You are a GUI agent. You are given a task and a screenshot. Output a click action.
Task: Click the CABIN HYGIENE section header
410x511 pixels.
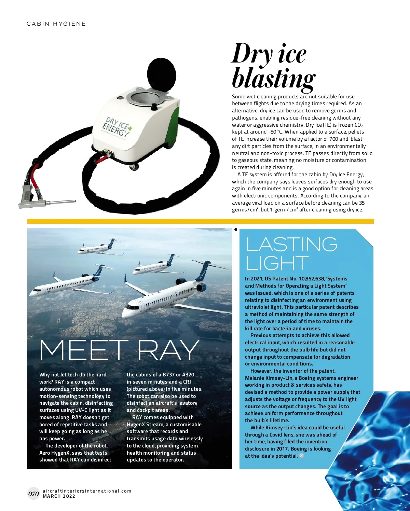pyautogui.click(x=56, y=24)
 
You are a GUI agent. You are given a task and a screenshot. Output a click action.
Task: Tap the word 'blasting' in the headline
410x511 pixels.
pyautogui.click(x=273, y=78)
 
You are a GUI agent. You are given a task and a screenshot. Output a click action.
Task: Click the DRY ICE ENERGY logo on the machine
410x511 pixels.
pyautogui.click(x=116, y=127)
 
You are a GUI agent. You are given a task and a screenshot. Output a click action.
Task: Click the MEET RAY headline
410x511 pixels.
pyautogui.click(x=119, y=350)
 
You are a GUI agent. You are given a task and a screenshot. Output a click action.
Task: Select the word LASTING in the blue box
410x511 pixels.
pyautogui.click(x=291, y=244)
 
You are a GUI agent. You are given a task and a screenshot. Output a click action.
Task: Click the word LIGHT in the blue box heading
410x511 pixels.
pyautogui.click(x=277, y=263)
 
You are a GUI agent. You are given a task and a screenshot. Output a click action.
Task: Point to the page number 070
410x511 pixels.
pyautogui.click(x=33, y=494)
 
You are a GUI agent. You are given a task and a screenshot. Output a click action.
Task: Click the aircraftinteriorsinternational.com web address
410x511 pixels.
pyautogui.click(x=87, y=491)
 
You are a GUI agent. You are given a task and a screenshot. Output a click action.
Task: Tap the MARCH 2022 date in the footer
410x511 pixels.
pyautogui.click(x=59, y=496)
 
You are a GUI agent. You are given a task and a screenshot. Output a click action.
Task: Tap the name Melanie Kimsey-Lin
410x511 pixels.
pyautogui.click(x=269, y=378)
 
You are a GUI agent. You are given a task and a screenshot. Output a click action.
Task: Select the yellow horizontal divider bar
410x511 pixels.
pyautogui.click(x=200, y=221)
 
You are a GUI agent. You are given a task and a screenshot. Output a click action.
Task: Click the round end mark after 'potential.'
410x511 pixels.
pyautogui.click(x=301, y=456)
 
